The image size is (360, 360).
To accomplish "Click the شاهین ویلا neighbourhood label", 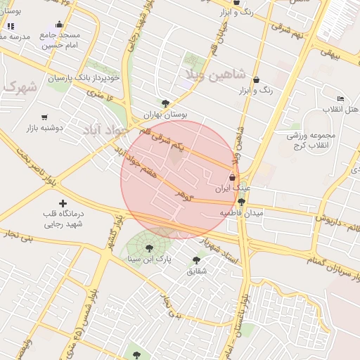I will click(x=214, y=73).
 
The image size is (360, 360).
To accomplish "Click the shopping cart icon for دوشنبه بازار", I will click(x=45, y=117).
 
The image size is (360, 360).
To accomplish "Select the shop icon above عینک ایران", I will click(x=233, y=177).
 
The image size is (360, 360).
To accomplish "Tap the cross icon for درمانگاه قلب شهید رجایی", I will click(x=62, y=203).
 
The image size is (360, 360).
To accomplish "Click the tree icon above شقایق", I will click(x=196, y=260).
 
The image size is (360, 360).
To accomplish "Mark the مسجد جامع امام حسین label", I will click(x=60, y=39).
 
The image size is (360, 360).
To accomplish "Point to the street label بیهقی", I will click(x=330, y=51).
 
